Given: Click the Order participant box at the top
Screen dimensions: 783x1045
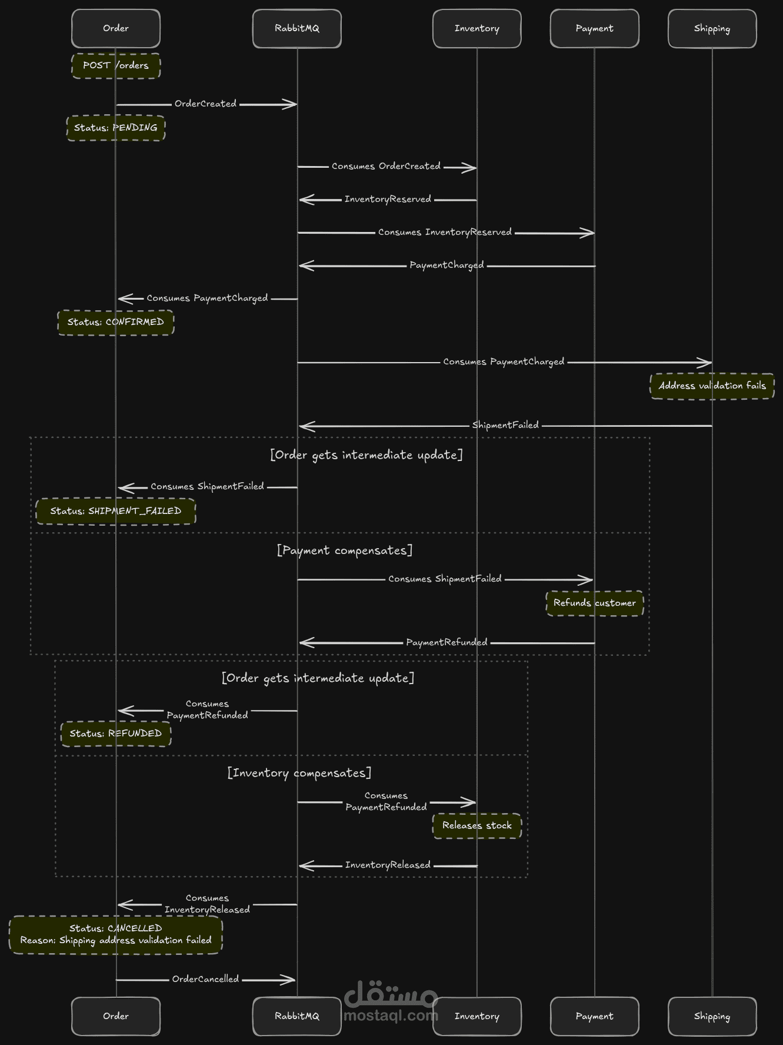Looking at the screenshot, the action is [x=116, y=28].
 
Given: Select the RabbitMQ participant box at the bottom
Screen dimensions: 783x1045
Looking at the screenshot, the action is [x=297, y=1016].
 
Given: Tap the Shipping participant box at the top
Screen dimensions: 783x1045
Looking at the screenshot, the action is [x=712, y=28].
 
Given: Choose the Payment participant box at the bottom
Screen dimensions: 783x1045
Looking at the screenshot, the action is [x=595, y=1016].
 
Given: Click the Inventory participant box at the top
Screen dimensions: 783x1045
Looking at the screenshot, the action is [x=477, y=28].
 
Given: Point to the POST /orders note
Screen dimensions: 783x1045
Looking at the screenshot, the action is [x=116, y=65].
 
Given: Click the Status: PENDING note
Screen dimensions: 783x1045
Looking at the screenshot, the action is [x=116, y=128].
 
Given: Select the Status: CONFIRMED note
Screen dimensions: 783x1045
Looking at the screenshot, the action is [x=116, y=322].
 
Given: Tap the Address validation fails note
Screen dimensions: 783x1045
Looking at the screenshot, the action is [x=712, y=386].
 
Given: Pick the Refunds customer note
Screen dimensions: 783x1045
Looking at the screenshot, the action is [x=595, y=603].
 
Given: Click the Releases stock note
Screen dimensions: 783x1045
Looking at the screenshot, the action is [x=477, y=825].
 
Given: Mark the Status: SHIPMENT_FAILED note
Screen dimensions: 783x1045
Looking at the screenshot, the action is [x=116, y=511].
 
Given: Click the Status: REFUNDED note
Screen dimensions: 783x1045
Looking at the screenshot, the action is [x=116, y=734].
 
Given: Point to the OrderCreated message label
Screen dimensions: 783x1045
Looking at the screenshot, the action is [x=205, y=104].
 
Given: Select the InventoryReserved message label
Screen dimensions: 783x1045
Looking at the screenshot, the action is [x=388, y=200].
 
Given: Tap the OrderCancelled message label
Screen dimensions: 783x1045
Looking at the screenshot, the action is [x=205, y=979].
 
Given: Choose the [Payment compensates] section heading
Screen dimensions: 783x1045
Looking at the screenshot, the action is [x=345, y=550].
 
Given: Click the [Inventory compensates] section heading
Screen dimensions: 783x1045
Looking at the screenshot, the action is [x=299, y=773].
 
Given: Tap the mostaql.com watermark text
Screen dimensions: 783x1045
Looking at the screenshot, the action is [x=391, y=1016].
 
